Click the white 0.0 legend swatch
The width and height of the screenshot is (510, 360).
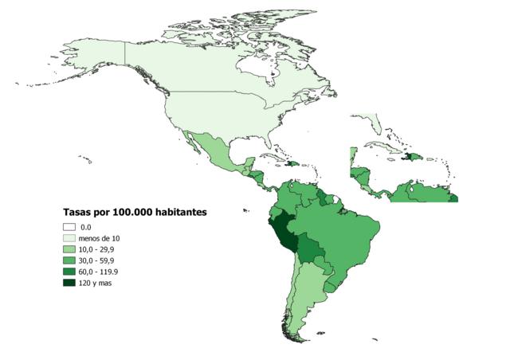coord(69,227)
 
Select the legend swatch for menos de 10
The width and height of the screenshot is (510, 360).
coord(69,238)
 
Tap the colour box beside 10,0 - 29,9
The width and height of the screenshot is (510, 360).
coord(69,249)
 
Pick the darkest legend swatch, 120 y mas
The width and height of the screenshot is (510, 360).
coord(69,283)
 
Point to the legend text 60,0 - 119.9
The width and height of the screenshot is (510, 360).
coord(100,272)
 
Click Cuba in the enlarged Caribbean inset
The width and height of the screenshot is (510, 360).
coord(379,147)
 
